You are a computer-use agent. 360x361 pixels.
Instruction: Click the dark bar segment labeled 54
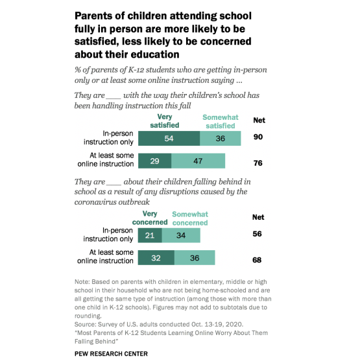[x=169, y=138]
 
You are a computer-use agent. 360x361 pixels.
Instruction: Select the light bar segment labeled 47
[x=198, y=161]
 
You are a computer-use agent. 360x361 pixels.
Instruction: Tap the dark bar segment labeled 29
[x=154, y=161]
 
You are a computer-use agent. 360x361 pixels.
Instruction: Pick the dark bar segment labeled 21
[x=150, y=235]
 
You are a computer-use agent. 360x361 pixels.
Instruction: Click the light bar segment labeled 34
[x=181, y=235]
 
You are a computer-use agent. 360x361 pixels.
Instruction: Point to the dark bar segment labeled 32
[x=156, y=258]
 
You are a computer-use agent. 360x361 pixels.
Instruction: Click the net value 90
[x=258, y=137]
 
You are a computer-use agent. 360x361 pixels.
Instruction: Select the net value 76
[x=258, y=163]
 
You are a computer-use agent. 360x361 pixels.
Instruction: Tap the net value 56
[x=257, y=234]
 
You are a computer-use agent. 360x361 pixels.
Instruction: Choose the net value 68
[x=257, y=260]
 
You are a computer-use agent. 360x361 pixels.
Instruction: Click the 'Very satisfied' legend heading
[x=165, y=121]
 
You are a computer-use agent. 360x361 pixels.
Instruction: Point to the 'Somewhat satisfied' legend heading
[x=221, y=121]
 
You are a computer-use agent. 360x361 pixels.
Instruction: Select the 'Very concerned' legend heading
[x=150, y=218]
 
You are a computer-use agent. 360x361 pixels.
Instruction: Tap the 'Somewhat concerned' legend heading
[x=190, y=218]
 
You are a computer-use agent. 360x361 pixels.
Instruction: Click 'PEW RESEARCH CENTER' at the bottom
[x=111, y=354]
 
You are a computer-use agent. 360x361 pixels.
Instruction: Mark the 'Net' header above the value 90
[x=259, y=120]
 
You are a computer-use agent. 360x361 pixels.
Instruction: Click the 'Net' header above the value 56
[x=258, y=217]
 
